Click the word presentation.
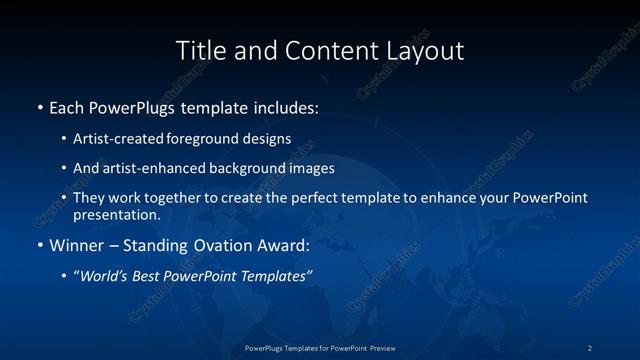tap(117, 214)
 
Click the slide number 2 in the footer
tap(589, 348)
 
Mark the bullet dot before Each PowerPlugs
tap(39, 106)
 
